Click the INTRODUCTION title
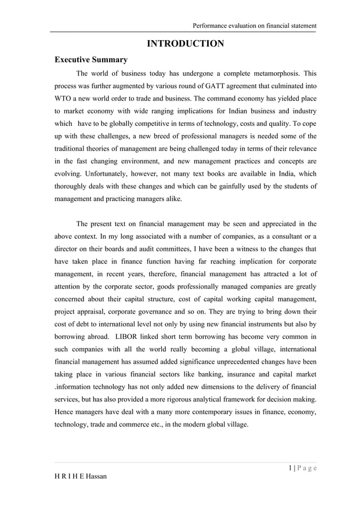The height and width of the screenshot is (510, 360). [185, 44]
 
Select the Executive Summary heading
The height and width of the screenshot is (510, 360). [90, 60]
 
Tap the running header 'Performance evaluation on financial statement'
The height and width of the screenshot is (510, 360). [254, 25]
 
